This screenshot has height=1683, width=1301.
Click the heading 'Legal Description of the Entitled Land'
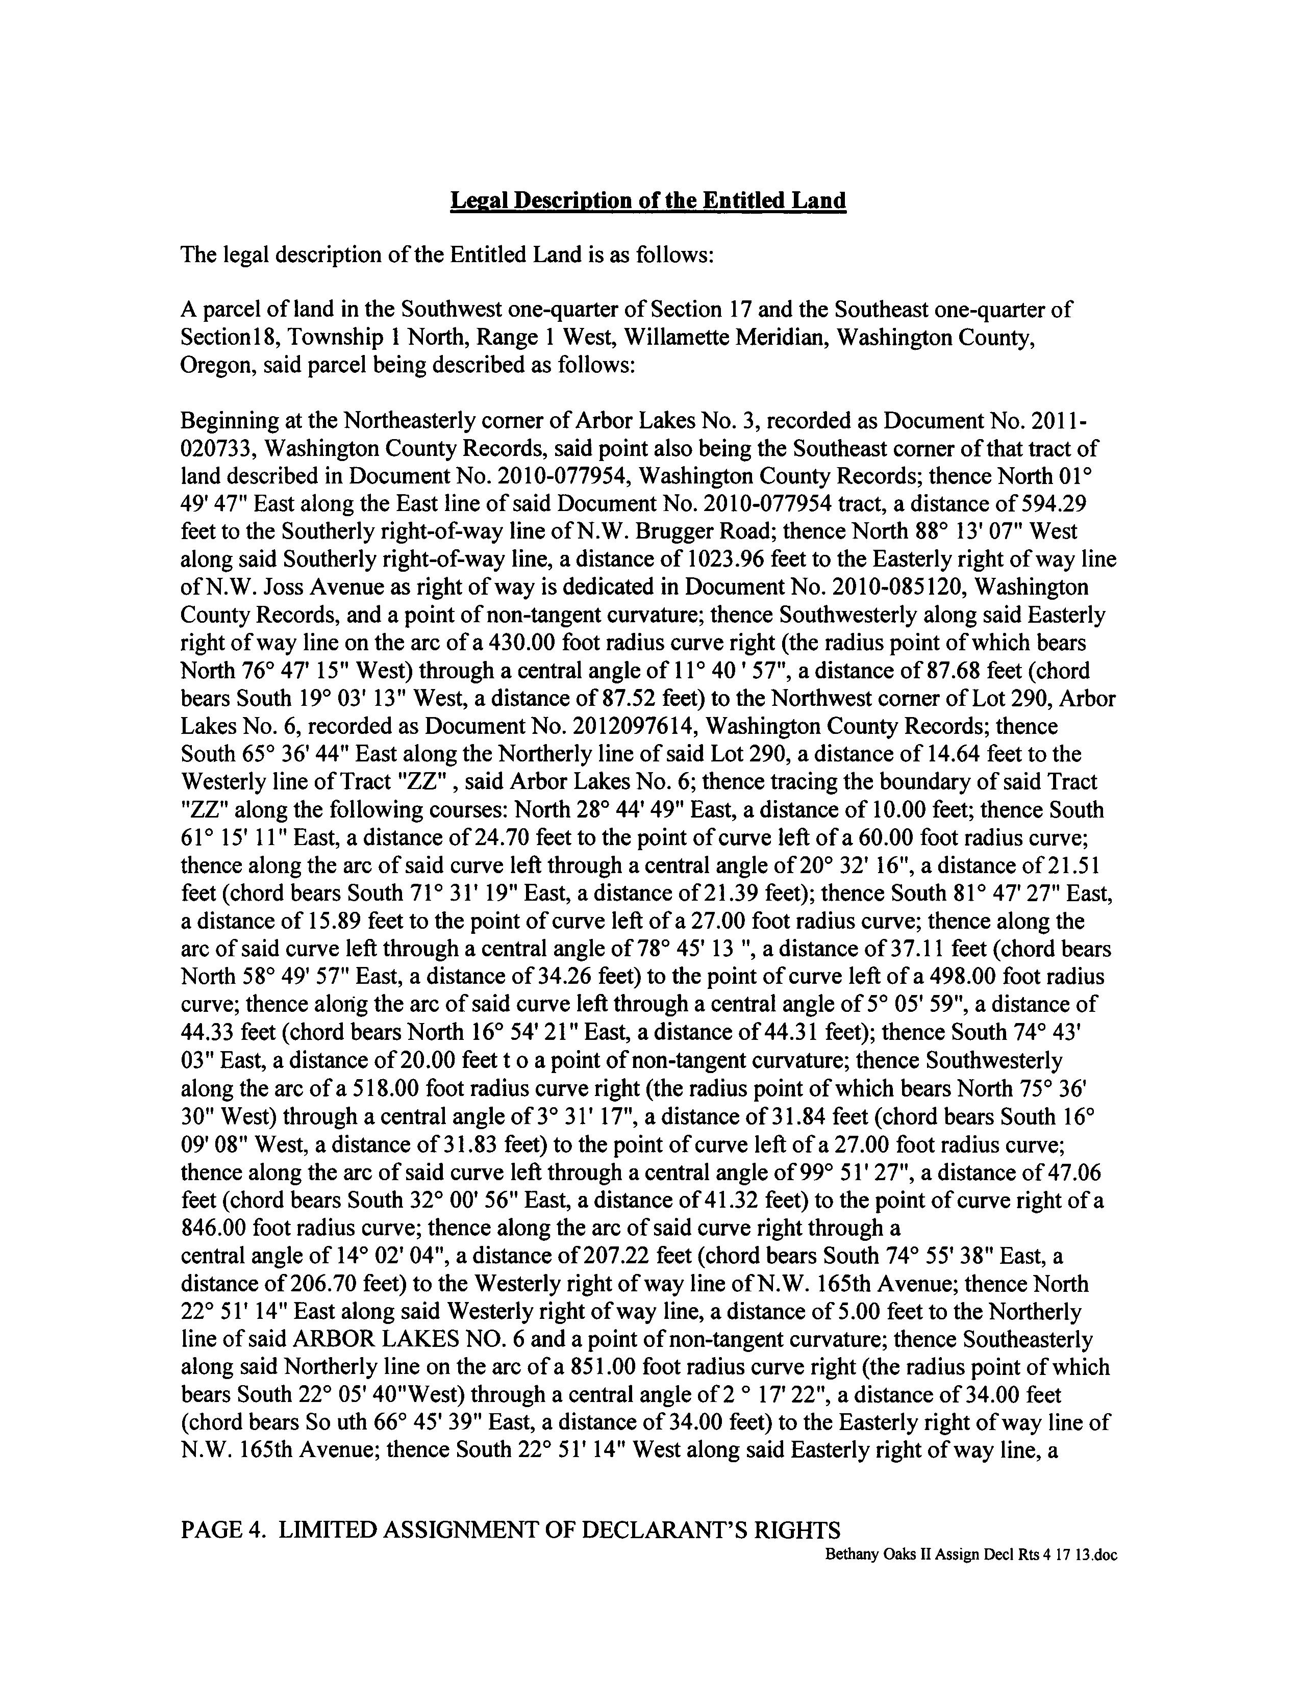[647, 200]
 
